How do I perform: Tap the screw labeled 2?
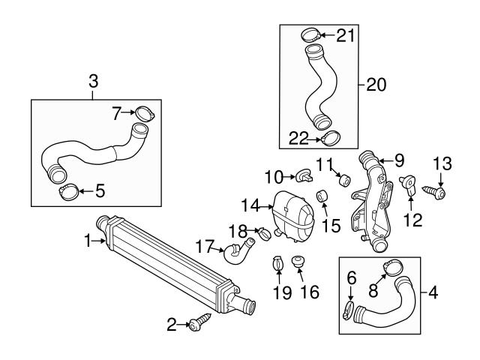click(199, 323)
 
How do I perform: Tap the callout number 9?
click(399, 160)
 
